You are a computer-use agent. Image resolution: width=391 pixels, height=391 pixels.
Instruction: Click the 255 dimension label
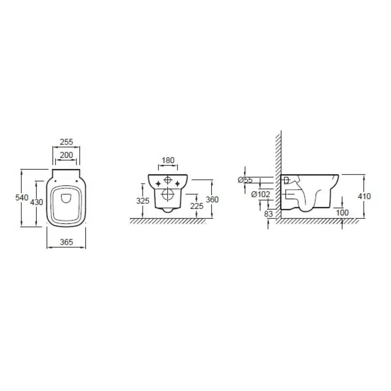[x=66, y=142]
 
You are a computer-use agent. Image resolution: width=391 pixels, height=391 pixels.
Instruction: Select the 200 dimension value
[x=66, y=155]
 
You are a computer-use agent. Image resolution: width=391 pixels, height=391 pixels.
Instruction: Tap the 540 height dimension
[x=22, y=198]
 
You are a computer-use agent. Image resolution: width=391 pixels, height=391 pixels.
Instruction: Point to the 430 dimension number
[x=37, y=202]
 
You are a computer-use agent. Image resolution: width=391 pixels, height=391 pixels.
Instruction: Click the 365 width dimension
[x=66, y=242]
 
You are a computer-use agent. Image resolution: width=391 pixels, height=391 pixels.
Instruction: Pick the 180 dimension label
[x=168, y=160]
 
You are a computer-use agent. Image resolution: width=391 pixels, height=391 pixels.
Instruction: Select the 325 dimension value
[x=143, y=201]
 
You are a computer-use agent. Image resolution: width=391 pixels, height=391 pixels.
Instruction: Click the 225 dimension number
[x=197, y=206]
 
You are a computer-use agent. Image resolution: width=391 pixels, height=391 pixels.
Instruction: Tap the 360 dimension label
[x=212, y=199]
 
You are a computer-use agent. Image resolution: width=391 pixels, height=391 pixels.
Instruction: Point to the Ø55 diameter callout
[x=246, y=180]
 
